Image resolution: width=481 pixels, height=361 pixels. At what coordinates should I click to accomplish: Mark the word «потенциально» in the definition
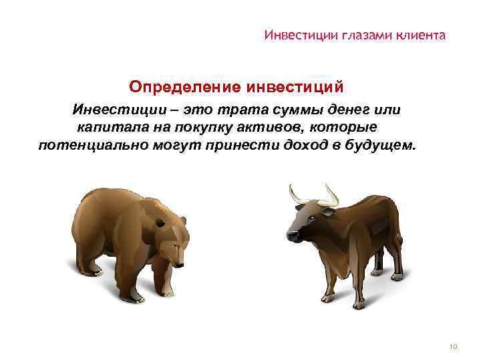coord(88,144)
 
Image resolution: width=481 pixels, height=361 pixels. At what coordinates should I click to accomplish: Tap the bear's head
coord(172,244)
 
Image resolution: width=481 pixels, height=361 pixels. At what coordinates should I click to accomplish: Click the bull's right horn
coord(331,195)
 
